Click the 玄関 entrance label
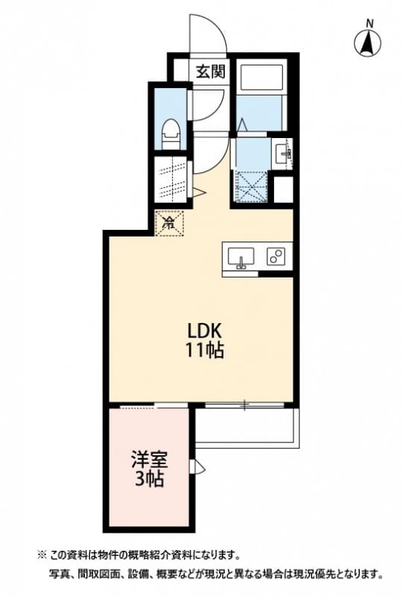(x=210, y=72)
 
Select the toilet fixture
(x=171, y=133)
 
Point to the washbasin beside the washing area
(x=283, y=154)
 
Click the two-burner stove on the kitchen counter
(x=275, y=257)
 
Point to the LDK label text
(x=201, y=331)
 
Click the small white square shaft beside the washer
(x=284, y=189)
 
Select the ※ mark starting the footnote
(x=42, y=554)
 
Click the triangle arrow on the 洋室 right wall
(x=197, y=467)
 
